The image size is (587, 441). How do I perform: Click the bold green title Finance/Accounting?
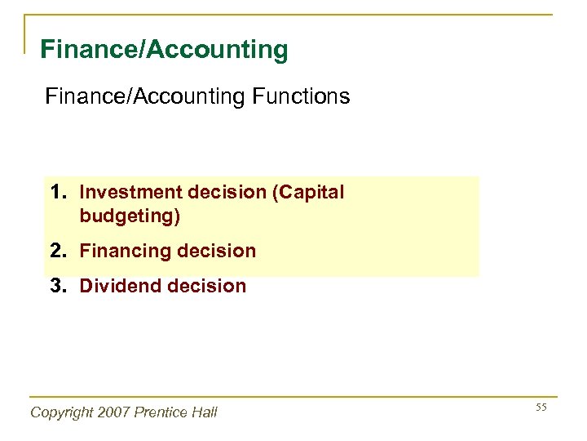tap(164, 50)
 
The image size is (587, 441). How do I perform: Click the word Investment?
tap(131, 193)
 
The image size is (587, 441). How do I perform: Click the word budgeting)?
tap(130, 216)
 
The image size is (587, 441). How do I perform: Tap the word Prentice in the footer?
tap(162, 412)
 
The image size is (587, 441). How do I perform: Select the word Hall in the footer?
tap(204, 412)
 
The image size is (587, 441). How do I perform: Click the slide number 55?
tap(541, 407)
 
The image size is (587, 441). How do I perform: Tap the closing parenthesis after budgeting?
tap(177, 216)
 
